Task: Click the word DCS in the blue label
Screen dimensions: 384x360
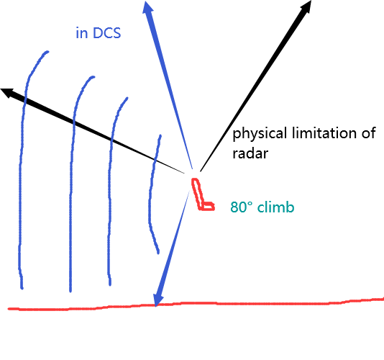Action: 107,33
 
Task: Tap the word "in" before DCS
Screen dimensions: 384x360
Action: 82,33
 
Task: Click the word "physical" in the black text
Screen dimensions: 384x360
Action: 260,134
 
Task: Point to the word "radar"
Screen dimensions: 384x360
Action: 250,153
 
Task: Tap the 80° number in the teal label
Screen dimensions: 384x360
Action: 242,207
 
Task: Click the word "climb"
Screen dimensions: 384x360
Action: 275,207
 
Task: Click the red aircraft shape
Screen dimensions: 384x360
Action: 202,194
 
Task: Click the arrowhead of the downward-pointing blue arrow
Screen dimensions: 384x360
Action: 158,300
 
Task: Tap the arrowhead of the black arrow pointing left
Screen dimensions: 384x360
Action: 8,93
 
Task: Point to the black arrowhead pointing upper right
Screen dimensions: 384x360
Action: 306,6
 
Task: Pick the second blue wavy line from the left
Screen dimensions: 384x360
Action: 71,184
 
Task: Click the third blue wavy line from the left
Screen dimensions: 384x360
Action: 110,192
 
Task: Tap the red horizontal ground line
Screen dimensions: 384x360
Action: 196,304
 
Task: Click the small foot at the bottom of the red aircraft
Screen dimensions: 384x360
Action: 208,207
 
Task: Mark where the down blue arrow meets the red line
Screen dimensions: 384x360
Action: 156,305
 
